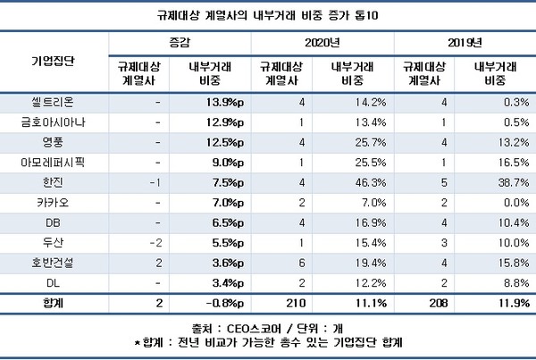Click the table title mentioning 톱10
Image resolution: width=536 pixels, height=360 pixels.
pos(267,15)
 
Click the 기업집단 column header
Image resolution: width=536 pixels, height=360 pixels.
pos(53,61)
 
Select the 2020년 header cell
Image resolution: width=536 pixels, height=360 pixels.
pos(320,42)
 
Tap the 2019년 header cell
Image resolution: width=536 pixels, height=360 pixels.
pos(464,42)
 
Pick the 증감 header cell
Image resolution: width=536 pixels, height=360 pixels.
pos(179,42)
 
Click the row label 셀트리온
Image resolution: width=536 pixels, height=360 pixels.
pos(53,103)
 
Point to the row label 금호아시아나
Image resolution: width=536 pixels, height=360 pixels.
pos(53,121)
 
